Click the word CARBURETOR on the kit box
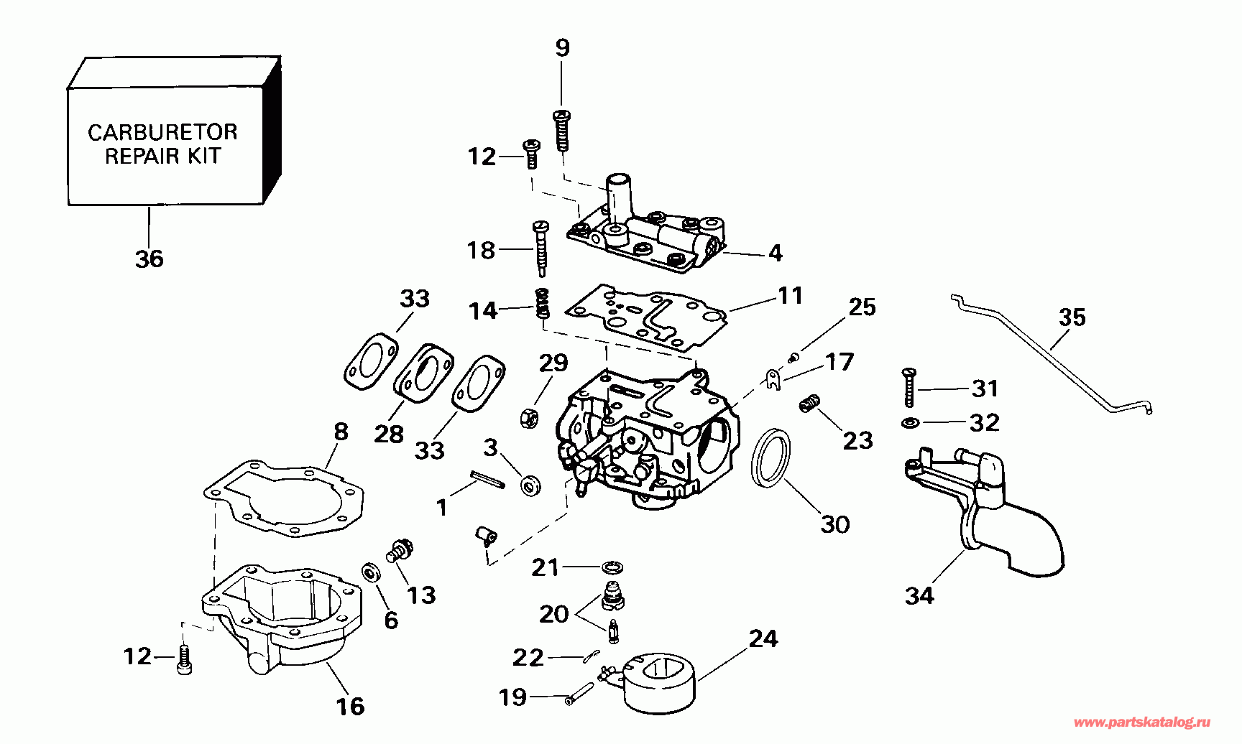tap(162, 132)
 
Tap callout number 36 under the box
tap(149, 259)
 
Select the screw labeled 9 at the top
tap(562, 130)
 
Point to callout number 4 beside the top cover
tap(775, 253)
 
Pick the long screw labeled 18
tap(540, 248)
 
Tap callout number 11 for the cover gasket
tap(791, 295)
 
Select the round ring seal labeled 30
tap(770, 458)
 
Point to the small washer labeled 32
tap(909, 422)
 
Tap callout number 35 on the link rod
tap(1072, 317)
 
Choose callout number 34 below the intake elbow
tap(919, 595)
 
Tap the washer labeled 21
tap(612, 567)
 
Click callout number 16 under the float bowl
tap(351, 707)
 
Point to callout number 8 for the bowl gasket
tap(341, 432)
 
